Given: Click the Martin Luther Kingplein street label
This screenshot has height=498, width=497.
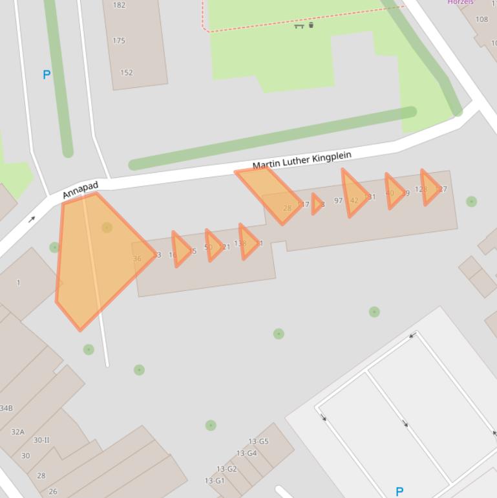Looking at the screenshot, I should point(302,160).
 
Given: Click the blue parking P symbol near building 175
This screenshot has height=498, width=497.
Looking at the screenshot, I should point(47,75).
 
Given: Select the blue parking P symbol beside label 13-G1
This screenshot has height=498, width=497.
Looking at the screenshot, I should point(399,492).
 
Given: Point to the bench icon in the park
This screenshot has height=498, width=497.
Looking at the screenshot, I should point(299,26).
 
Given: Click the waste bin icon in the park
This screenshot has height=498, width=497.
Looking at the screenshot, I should point(312,25).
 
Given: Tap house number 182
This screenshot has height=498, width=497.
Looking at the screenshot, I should point(120,5).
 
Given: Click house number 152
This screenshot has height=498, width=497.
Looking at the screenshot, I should point(127,72).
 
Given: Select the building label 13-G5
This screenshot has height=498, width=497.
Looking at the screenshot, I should point(258,442).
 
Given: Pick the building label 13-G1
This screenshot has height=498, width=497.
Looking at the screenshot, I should point(215,481).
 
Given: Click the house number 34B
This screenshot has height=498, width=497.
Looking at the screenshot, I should point(5,408).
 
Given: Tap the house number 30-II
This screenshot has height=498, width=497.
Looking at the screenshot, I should point(41,440).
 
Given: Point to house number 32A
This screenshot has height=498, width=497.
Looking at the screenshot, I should point(17,432).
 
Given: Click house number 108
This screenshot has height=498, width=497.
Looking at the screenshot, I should point(482,19).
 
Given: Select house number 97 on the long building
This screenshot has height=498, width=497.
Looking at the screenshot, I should point(338,200).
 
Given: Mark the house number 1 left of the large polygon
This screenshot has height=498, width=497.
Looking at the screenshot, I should point(19,283).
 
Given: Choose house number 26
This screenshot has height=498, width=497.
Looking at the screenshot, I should point(52,491).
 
